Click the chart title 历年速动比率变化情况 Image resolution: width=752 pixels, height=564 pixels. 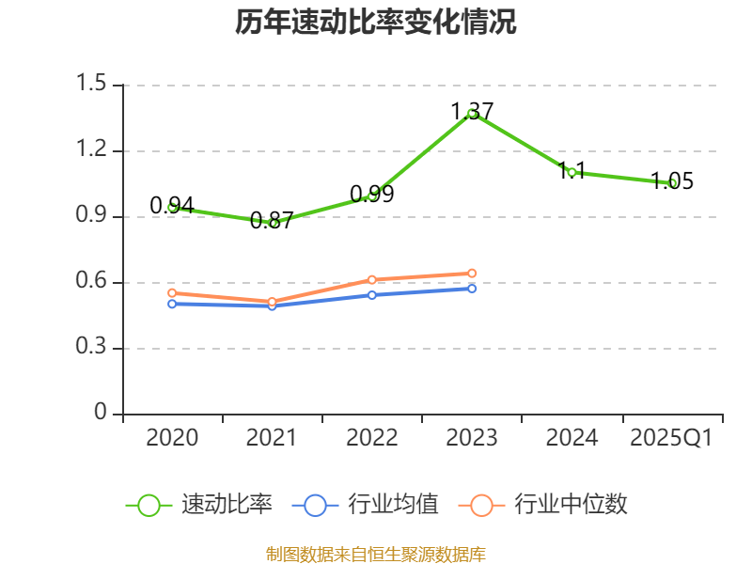pyautogui.click(x=376, y=23)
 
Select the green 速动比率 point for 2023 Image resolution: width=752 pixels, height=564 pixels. pyautogui.click(x=472, y=113)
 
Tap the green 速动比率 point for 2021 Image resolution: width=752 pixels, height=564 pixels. pyautogui.click(x=273, y=223)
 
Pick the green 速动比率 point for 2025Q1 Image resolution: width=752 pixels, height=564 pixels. pyautogui.click(x=672, y=183)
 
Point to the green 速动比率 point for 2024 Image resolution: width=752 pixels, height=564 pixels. pyautogui.click(x=572, y=172)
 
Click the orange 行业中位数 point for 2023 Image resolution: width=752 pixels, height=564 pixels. pyautogui.click(x=472, y=274)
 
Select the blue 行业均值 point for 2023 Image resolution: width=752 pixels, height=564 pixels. pyautogui.click(x=472, y=288)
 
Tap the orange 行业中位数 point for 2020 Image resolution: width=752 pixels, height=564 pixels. pyautogui.click(x=172, y=293)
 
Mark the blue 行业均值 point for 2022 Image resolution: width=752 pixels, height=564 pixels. pyautogui.click(x=372, y=295)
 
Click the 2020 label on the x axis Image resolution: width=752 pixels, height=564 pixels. pyautogui.click(x=172, y=437)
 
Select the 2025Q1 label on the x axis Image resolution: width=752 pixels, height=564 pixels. pyautogui.click(x=672, y=437)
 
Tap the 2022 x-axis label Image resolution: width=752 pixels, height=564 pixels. pyautogui.click(x=372, y=437)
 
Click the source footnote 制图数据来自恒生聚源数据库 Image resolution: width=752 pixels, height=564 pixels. pyautogui.click(x=376, y=554)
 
